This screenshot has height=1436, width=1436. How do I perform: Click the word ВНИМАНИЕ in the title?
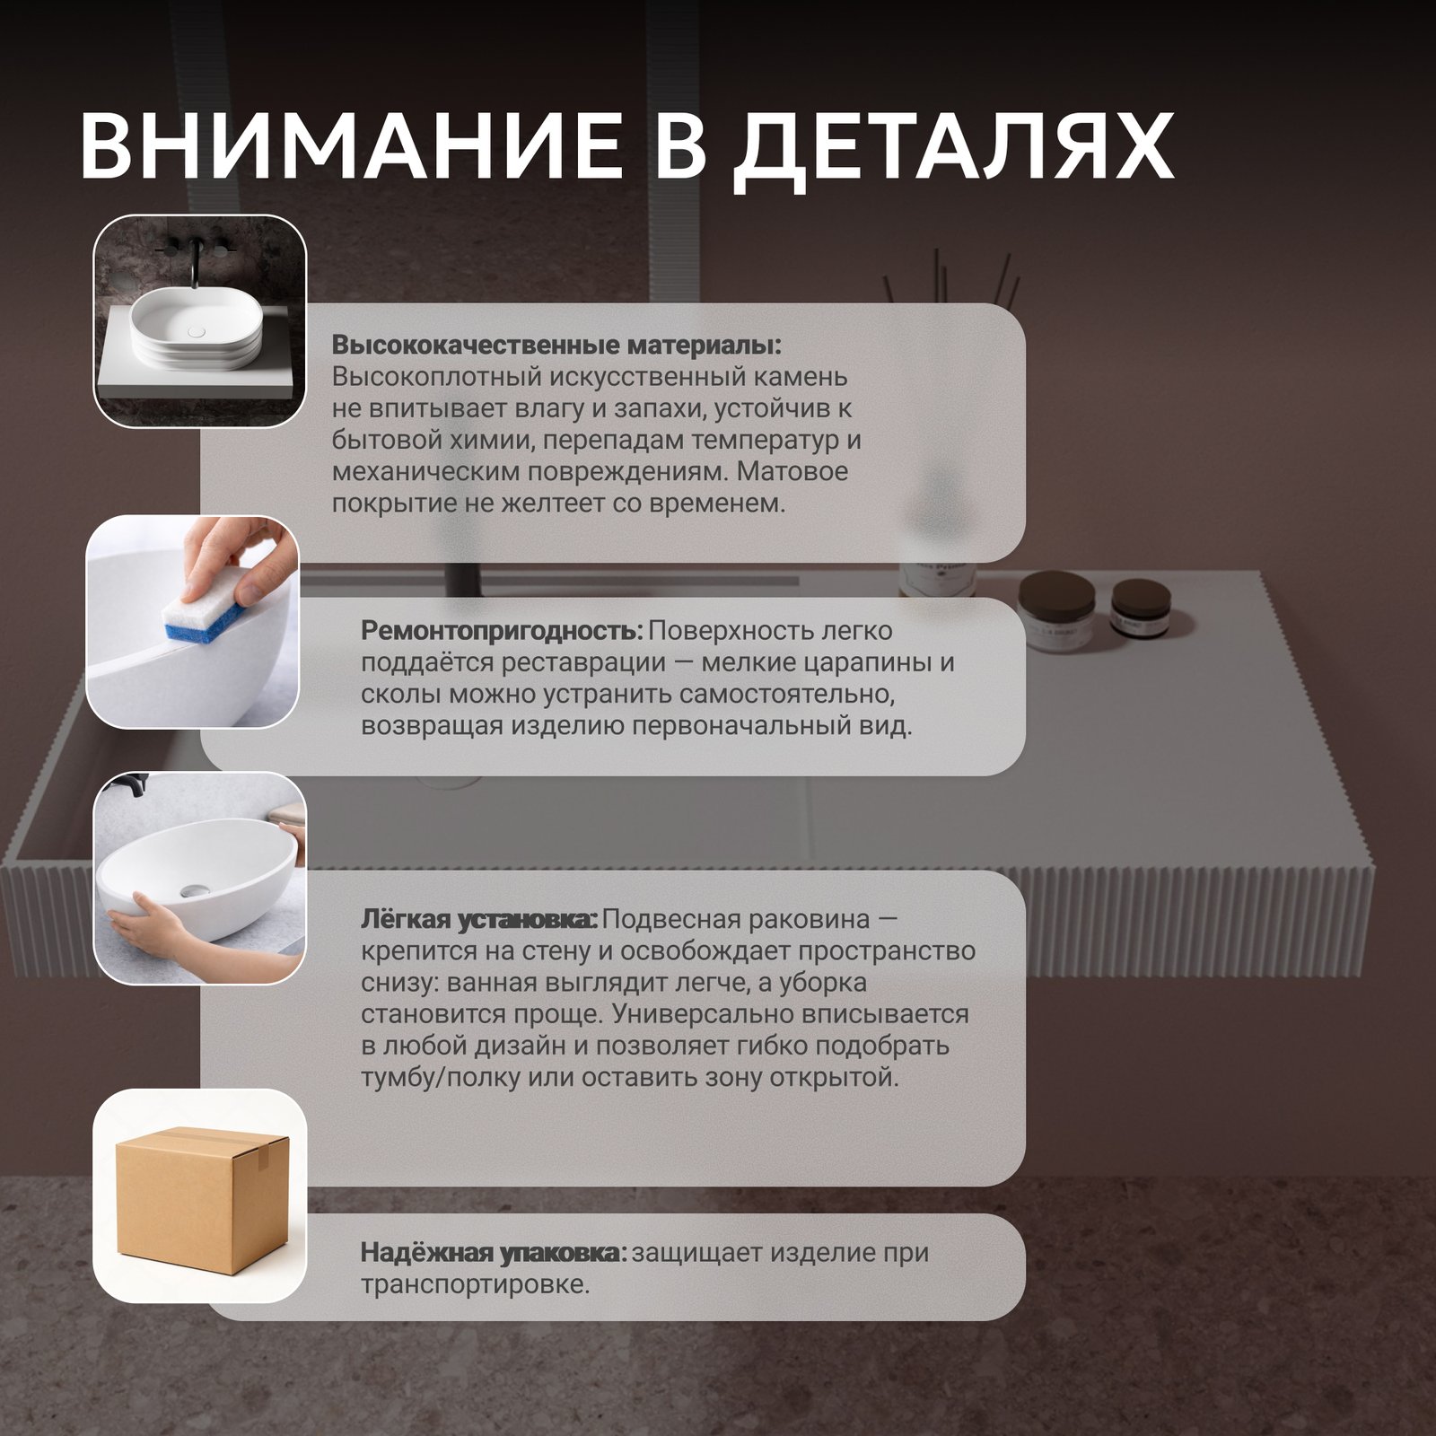point(351,145)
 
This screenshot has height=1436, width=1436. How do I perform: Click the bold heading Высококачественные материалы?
point(556,346)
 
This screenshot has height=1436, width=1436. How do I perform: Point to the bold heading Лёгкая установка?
point(479,919)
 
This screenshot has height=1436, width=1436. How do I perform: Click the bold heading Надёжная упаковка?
point(494,1252)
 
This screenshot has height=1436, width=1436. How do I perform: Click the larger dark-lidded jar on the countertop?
point(1057,610)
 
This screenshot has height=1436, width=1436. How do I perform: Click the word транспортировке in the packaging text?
point(476,1284)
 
